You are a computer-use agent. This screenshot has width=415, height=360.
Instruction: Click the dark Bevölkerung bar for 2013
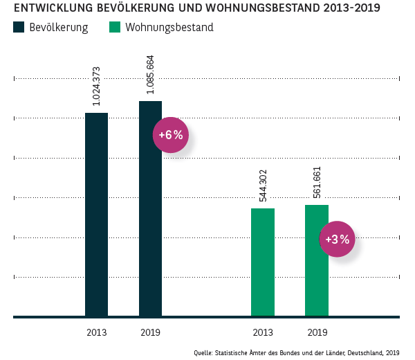pyautogui.click(x=96, y=215)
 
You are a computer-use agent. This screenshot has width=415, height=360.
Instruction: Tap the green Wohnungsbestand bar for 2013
pyautogui.click(x=262, y=262)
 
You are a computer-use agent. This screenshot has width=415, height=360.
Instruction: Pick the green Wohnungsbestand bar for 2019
pyautogui.click(x=316, y=260)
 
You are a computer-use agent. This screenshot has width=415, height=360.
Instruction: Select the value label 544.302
pyautogui.click(x=263, y=186)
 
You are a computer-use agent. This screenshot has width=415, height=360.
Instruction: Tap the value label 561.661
pyautogui.click(x=317, y=182)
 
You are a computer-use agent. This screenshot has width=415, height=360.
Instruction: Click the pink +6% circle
pyautogui.click(x=170, y=135)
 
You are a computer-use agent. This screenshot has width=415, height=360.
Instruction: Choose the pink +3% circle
pyautogui.click(x=338, y=240)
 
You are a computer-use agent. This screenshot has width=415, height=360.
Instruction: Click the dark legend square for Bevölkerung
pyautogui.click(x=19, y=28)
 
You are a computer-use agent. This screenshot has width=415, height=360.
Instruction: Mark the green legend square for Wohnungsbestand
pyautogui.click(x=115, y=28)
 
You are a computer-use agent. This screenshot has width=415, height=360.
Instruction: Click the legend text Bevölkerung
pyautogui.click(x=58, y=28)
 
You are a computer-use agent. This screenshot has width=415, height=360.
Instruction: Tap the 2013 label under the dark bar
pyautogui.click(x=96, y=332)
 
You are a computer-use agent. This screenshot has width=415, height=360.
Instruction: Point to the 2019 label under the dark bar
pyautogui.click(x=150, y=332)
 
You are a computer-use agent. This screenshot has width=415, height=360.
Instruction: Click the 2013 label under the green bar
pyautogui.click(x=262, y=332)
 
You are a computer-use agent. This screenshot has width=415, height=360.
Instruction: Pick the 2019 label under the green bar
pyautogui.click(x=316, y=332)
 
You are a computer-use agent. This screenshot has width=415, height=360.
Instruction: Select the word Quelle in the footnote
pyautogui.click(x=204, y=352)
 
